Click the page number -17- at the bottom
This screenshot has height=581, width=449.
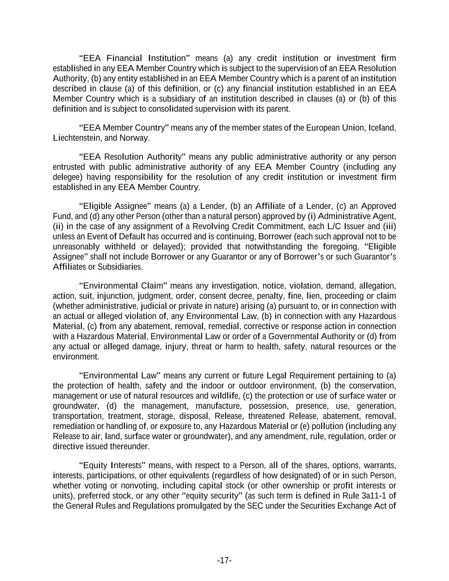click(x=224, y=561)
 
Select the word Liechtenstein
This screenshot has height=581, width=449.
click(x=77, y=138)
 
